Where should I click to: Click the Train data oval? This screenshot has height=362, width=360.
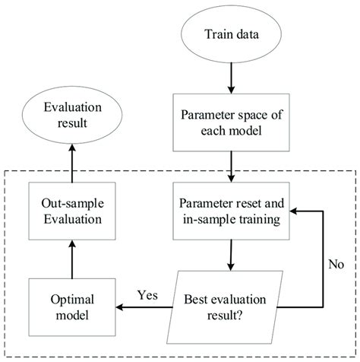(x=229, y=34)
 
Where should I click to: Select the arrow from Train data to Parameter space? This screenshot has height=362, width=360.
(x=229, y=78)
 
